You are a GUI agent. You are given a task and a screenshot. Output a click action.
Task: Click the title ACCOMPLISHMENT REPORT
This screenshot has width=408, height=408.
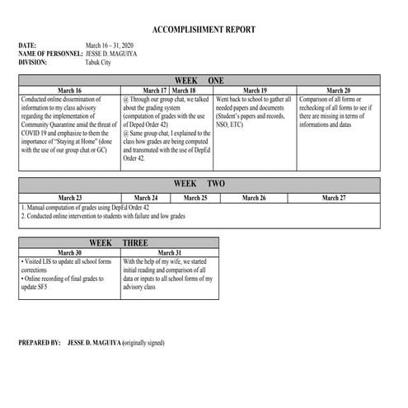click(204, 30)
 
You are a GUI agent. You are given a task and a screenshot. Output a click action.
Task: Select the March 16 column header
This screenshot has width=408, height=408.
click(69, 90)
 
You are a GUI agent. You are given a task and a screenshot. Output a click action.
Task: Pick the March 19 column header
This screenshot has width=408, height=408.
click(256, 90)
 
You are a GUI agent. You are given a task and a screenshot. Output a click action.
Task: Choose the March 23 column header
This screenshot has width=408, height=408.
click(69, 198)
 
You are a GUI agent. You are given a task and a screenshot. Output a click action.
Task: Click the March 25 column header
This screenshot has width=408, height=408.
click(195, 198)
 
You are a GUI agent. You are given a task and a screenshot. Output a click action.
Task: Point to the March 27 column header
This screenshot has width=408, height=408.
click(334, 198)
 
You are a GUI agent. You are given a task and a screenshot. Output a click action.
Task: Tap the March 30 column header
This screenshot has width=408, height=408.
click(69, 253)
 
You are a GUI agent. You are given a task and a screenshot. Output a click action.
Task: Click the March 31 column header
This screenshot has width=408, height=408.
click(169, 253)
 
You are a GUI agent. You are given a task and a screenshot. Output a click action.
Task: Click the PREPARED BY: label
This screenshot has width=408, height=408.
click(40, 341)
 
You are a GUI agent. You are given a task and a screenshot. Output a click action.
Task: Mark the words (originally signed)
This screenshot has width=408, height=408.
click(153, 341)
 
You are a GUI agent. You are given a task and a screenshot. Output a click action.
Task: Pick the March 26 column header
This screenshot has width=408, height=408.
click(254, 198)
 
